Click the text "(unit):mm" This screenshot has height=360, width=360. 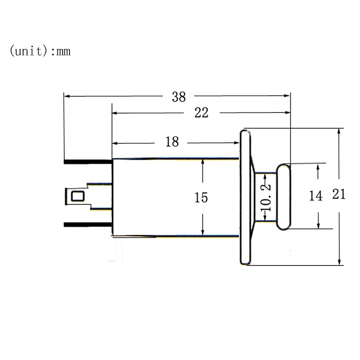40,51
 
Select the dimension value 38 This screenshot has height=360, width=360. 179,97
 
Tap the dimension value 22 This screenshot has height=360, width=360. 201,113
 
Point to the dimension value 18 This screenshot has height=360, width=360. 172,142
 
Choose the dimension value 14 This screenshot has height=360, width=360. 316,196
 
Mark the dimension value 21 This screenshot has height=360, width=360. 339,194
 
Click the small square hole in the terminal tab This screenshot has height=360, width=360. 78,196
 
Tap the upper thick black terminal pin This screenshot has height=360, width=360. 88,161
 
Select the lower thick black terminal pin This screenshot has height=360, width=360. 88,224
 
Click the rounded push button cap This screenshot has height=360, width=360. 284,197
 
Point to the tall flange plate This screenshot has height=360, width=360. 245,197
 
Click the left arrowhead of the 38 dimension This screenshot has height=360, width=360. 67,96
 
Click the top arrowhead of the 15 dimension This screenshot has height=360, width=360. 203,162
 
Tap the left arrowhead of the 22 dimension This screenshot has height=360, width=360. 115,113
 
